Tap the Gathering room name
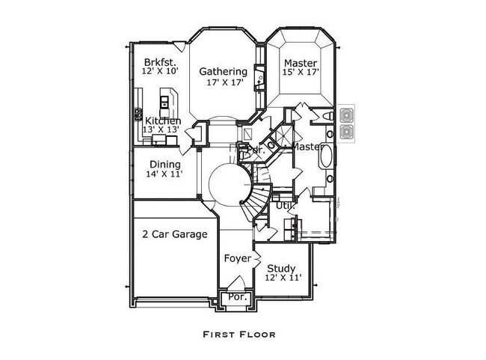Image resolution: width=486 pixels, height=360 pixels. coord(223,72)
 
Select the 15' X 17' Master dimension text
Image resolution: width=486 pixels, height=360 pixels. coord(301,73)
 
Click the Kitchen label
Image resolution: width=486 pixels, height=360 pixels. coord(162,120)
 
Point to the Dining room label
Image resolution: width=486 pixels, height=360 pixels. coord(164,165)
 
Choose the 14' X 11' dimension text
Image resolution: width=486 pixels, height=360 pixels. coord(164,174)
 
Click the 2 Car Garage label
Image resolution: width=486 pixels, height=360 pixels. coord(174,234)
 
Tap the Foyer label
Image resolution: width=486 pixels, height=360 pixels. coord(238,258)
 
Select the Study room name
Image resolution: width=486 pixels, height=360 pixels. coord(281,268)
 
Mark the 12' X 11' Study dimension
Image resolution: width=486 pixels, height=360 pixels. coord(283,278)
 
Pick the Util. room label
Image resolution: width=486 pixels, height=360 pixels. coord(285,204)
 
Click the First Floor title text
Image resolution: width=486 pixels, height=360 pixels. coord(239,335)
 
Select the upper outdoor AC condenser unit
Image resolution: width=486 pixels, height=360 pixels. coord(347,115)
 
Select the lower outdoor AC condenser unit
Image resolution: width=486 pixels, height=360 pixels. coord(347,132)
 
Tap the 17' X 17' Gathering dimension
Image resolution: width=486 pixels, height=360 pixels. coord(223,82)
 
